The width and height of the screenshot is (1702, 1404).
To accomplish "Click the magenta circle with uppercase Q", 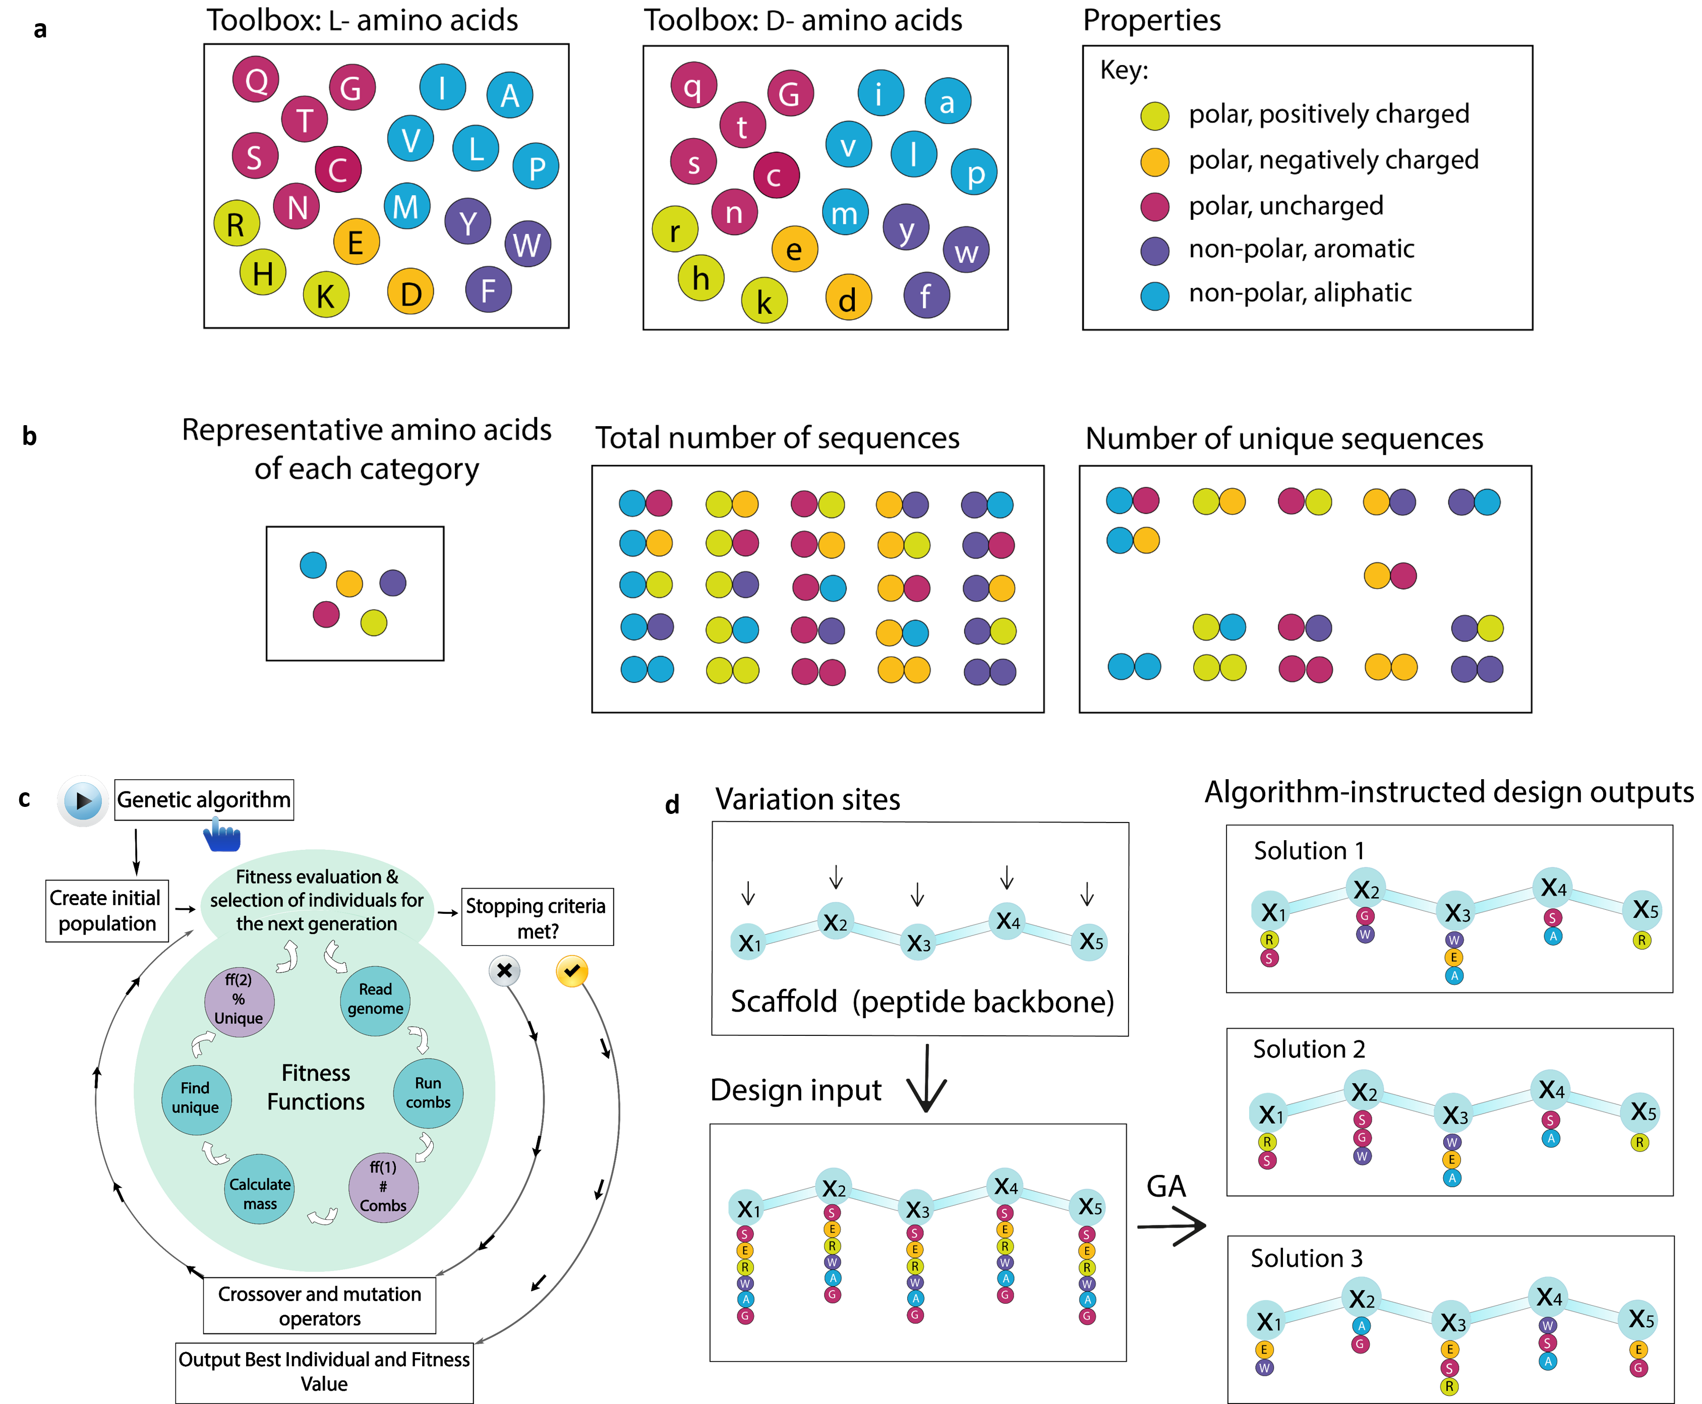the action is pos(256,79).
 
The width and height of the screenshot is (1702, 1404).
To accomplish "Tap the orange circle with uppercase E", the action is pos(357,241).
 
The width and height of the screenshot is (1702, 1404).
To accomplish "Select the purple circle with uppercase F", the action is pos(488,289).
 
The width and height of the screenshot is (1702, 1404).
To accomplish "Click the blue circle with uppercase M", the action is pos(406,206).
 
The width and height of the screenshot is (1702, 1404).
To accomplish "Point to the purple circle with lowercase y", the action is pos(906,227).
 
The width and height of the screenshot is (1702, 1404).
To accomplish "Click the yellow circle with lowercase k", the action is pos(764,301).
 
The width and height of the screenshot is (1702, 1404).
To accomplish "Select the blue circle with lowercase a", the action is pos(948,101).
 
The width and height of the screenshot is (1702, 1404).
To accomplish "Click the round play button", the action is pos(83,801).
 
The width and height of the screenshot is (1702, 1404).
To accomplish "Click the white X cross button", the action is pos(504,970).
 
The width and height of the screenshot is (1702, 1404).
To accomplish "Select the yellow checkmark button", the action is pos(572,970).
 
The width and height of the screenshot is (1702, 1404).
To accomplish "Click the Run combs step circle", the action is pos(428,1093).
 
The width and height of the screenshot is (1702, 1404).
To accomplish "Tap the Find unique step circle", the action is pos(196,1098).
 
